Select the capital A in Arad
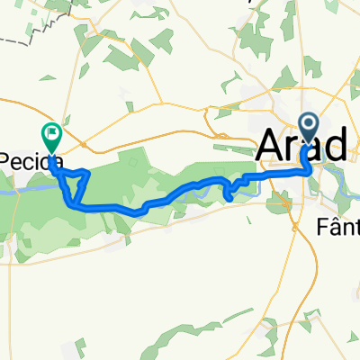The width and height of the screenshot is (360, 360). click(x=271, y=144)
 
